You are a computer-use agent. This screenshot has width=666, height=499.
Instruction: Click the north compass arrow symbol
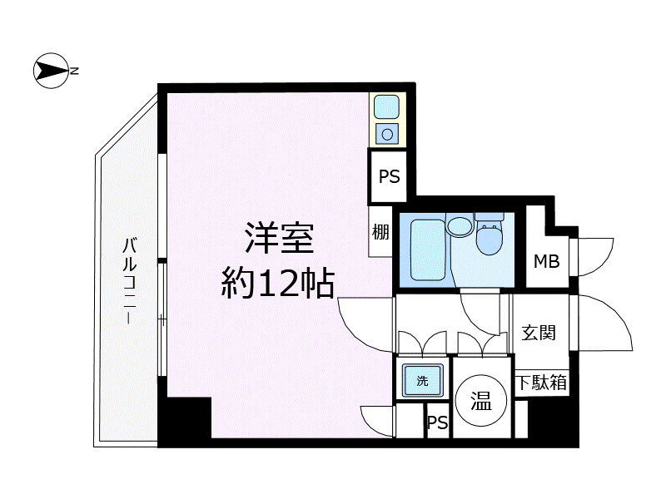pyautogui.click(x=51, y=71)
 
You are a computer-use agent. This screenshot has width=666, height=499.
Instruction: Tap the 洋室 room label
pyautogui.click(x=279, y=239)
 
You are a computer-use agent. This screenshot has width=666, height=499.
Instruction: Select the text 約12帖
pyautogui.click(x=278, y=283)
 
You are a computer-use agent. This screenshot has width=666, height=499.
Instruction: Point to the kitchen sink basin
pyautogui.click(x=386, y=106)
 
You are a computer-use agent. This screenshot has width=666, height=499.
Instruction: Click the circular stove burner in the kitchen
pyautogui.click(x=387, y=135)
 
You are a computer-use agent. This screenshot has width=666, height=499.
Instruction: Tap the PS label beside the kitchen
pyautogui.click(x=389, y=176)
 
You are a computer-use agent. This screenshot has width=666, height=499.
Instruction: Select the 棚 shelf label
pyautogui.click(x=380, y=232)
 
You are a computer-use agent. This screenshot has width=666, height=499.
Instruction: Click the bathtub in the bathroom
pyautogui.click(x=428, y=250)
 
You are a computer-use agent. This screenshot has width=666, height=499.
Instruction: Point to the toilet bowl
pyautogui.click(x=490, y=239)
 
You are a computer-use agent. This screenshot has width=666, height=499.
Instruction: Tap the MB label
pyautogui.click(x=547, y=261)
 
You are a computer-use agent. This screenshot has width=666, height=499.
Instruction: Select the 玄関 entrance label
pyautogui.click(x=539, y=333)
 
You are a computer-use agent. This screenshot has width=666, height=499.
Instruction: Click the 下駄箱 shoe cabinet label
pyautogui.click(x=542, y=383)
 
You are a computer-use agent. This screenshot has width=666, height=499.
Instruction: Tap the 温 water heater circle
pyautogui.click(x=481, y=400)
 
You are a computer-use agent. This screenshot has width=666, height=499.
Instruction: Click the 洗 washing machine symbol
pyautogui.click(x=423, y=381)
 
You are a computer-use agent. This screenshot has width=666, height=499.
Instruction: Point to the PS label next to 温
pyautogui.click(x=437, y=422)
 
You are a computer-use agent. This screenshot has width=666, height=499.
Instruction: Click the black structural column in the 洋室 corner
pyautogui.click(x=185, y=417)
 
